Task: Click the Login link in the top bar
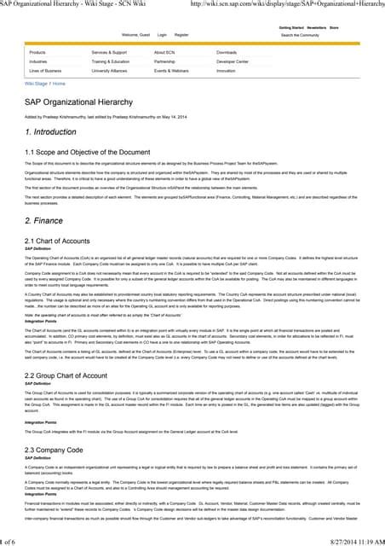(163, 34)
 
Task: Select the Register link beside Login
(181, 34)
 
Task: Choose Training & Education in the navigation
(111, 61)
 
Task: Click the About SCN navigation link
(165, 52)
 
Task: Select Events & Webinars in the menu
(172, 71)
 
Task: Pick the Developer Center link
(233, 61)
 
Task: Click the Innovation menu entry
(226, 71)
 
